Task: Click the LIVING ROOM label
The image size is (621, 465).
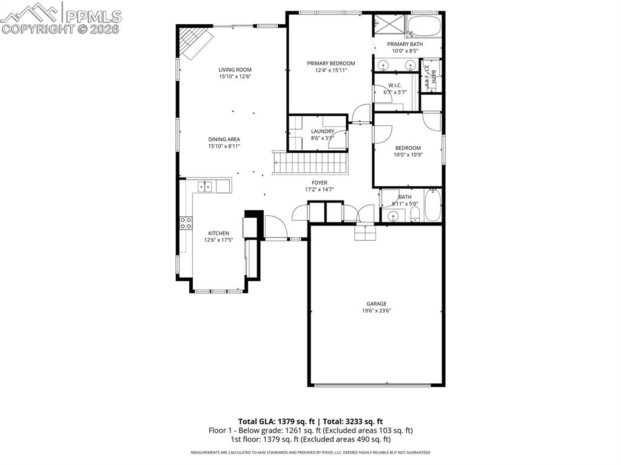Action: click(235, 70)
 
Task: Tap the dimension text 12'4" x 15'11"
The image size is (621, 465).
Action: click(331, 70)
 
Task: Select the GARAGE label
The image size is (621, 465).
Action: click(376, 304)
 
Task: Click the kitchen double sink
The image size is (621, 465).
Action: click(205, 186)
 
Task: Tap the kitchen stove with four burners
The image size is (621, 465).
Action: click(186, 222)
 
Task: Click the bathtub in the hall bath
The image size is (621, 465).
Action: click(433, 206)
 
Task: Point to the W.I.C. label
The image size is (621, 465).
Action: click(396, 85)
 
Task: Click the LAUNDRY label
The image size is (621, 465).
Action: click(322, 131)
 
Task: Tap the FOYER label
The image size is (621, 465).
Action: click(320, 182)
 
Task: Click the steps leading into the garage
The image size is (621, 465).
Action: click(364, 232)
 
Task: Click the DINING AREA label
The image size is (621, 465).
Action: click(224, 139)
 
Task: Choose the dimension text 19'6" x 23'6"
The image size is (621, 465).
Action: click(376, 311)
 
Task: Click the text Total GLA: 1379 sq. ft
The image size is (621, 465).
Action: click(277, 421)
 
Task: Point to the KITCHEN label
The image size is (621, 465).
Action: click(218, 233)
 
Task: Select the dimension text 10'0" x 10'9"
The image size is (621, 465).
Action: click(408, 155)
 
